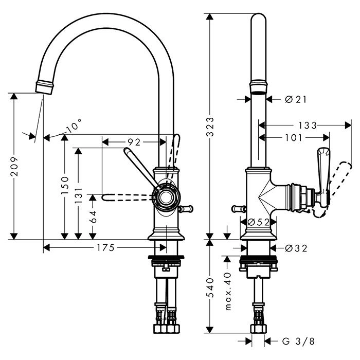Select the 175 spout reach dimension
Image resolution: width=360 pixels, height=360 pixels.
click(105, 248)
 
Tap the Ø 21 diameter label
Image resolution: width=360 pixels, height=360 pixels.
click(295, 99)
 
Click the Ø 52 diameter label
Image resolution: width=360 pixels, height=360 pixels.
click(259, 222)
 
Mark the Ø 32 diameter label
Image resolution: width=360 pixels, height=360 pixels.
click(295, 248)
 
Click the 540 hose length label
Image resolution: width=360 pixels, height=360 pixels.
click(209, 287)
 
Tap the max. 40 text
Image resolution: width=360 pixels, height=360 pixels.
click(229, 292)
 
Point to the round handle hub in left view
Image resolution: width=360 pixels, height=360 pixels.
click(166, 197)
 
